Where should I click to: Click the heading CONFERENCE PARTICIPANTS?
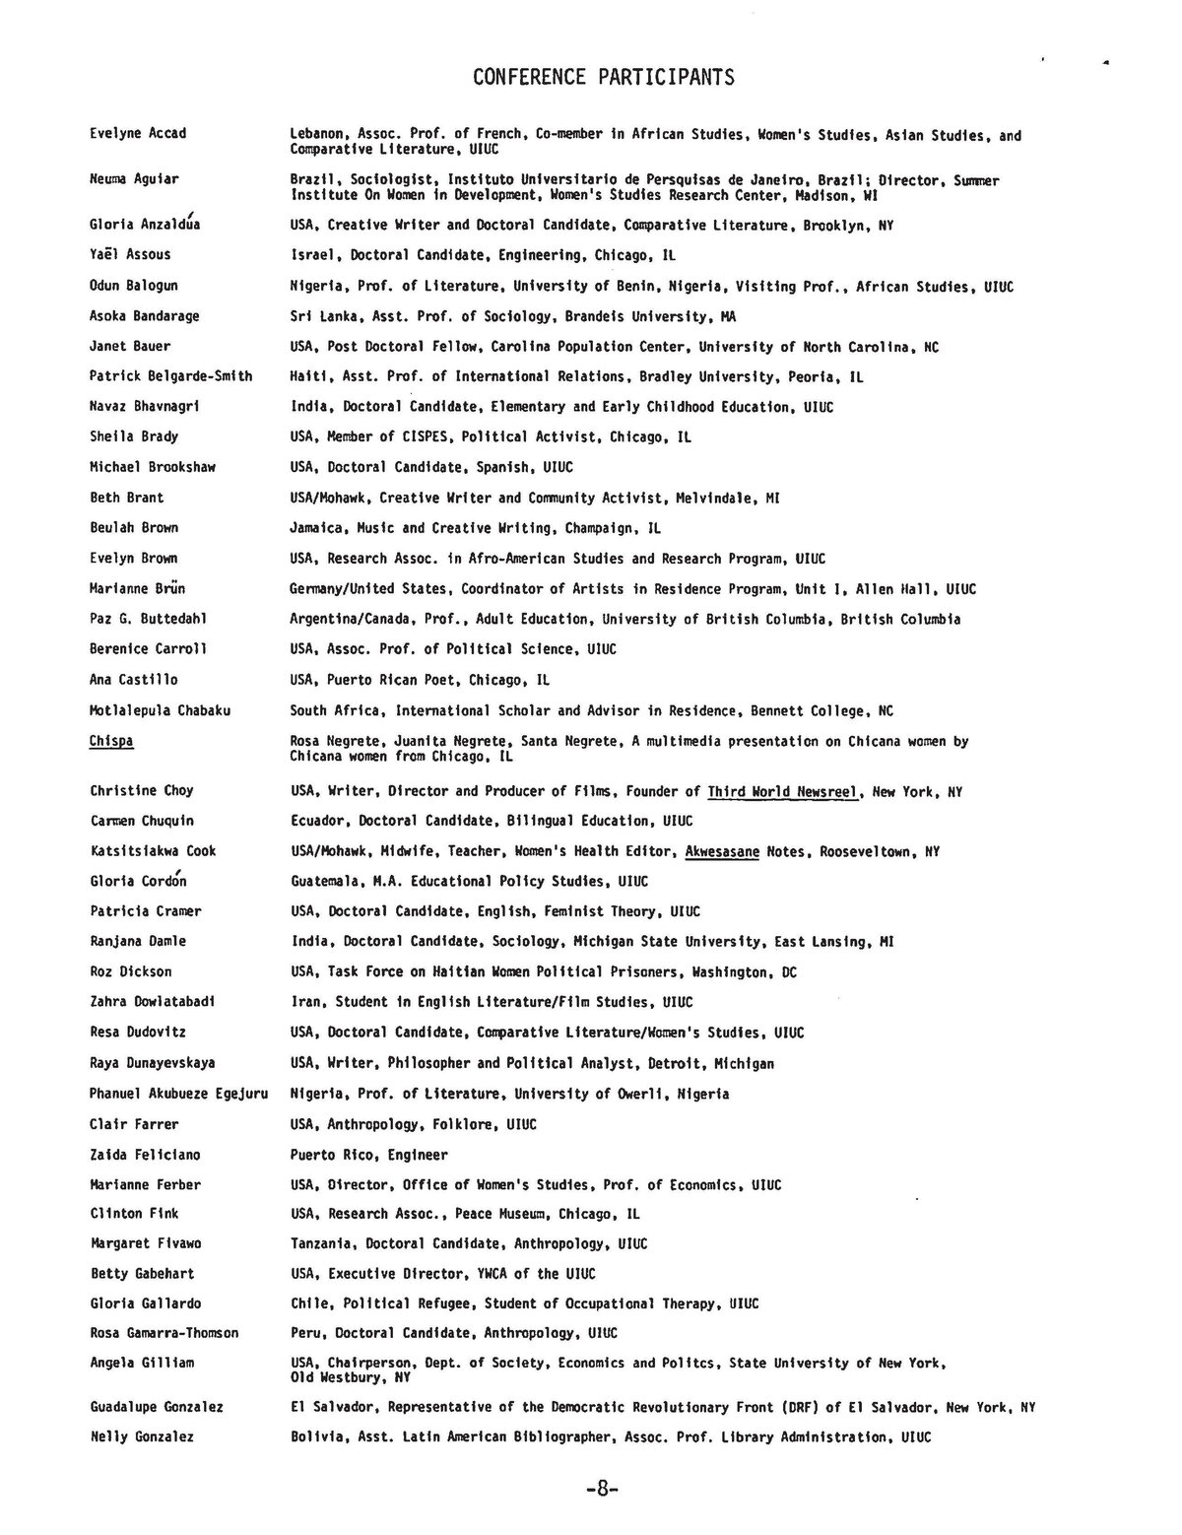pos(603,77)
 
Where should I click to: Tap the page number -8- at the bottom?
pos(600,1490)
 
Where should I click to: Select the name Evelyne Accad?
pos(138,133)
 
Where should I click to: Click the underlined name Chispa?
pos(111,740)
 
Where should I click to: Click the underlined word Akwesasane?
pos(722,850)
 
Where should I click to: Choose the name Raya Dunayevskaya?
pos(153,1063)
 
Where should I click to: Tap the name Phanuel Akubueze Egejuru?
pos(178,1094)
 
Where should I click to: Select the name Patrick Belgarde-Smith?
pos(170,375)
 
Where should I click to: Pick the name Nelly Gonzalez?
pos(142,1436)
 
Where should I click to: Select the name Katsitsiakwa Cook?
pos(153,850)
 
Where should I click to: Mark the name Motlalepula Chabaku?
pos(161,709)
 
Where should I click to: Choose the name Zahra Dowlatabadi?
pos(153,1001)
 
